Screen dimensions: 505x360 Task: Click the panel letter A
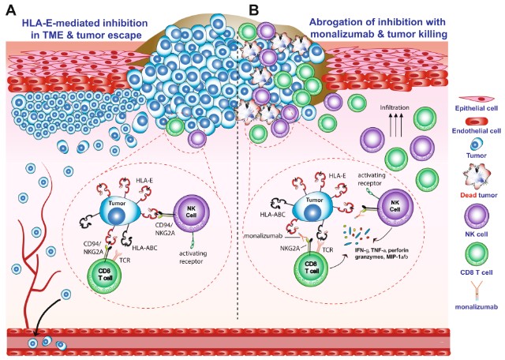12,10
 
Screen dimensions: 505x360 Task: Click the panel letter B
254,10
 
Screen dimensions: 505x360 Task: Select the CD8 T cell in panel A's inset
105,276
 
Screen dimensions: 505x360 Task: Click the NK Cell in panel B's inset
395,207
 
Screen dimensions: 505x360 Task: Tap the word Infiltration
395,107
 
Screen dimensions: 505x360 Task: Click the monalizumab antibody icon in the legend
476,291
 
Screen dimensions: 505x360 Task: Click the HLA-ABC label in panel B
273,214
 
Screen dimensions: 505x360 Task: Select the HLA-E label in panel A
144,181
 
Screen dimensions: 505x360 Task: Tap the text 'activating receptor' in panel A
193,257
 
